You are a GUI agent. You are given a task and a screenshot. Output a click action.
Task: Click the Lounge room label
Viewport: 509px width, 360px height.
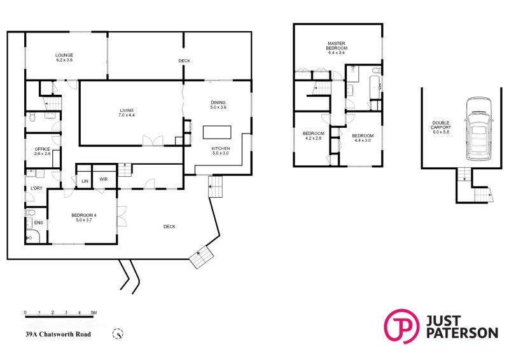pyautogui.click(x=64, y=56)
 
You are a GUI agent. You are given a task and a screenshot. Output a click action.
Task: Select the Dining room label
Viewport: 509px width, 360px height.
pyautogui.click(x=218, y=103)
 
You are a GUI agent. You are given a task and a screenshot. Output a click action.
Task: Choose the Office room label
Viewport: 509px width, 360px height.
pyautogui.click(x=42, y=149)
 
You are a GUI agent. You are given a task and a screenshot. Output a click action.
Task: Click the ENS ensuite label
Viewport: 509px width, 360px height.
pyautogui.click(x=38, y=223)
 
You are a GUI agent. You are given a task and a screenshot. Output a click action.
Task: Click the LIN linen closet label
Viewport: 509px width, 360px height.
pyautogui.click(x=84, y=181)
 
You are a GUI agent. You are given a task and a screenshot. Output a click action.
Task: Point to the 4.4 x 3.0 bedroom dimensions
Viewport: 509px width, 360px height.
pyautogui.click(x=363, y=140)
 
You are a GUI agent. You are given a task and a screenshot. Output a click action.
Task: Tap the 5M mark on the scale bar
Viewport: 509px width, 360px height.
pyautogui.click(x=94, y=313)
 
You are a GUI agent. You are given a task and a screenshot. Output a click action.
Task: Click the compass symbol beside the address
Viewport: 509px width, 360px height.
pyautogui.click(x=117, y=333)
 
